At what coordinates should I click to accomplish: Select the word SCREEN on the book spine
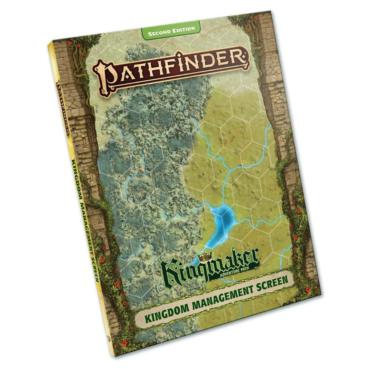tap(94, 266)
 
